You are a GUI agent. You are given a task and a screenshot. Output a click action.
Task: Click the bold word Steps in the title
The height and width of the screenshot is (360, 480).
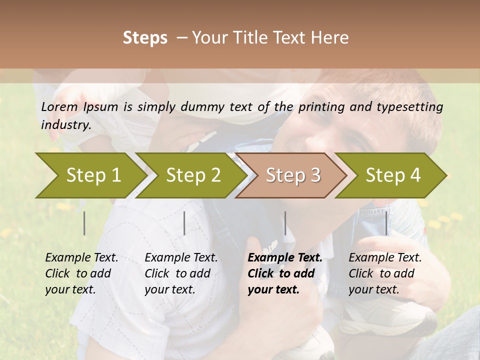[x=145, y=38]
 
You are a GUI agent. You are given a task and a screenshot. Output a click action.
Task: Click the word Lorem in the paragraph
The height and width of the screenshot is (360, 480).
[x=59, y=106]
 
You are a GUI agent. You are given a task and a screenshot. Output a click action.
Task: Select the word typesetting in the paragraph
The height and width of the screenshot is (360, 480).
[x=407, y=106]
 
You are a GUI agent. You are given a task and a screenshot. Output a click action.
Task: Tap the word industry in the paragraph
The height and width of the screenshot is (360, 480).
[x=65, y=124]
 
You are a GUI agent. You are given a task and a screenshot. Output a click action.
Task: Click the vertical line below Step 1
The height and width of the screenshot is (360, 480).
[x=84, y=223]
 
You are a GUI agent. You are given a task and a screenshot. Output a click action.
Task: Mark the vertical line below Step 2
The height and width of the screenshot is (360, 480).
[x=184, y=223]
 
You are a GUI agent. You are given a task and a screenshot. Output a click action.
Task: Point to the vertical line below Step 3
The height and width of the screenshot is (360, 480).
[x=285, y=223]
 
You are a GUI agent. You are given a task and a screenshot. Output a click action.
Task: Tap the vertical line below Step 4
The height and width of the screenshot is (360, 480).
[x=386, y=223]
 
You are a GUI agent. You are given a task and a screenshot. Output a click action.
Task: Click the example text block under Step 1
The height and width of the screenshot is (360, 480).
[x=81, y=273]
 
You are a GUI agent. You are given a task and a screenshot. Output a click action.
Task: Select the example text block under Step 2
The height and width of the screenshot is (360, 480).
[x=181, y=273]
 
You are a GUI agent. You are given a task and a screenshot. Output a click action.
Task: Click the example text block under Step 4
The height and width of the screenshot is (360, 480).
[x=385, y=273]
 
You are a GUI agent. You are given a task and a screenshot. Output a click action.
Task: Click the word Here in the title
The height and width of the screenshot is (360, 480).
[x=332, y=38]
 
